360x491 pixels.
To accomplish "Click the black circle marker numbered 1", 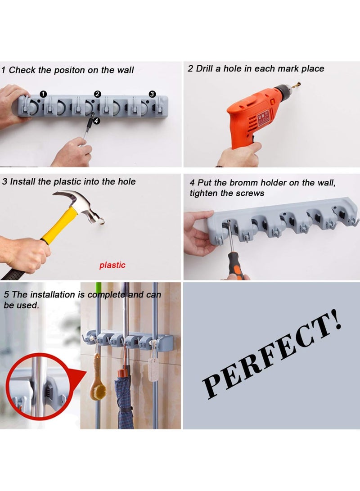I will pyautogui.click(x=43, y=94).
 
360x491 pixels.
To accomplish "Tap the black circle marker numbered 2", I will pyautogui.click(x=97, y=94).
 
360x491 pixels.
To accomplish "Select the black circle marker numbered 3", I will pyautogui.click(x=152, y=94).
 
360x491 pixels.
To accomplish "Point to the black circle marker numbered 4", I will pyautogui.click(x=97, y=120).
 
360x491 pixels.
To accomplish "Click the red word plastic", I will pyautogui.click(x=112, y=265).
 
